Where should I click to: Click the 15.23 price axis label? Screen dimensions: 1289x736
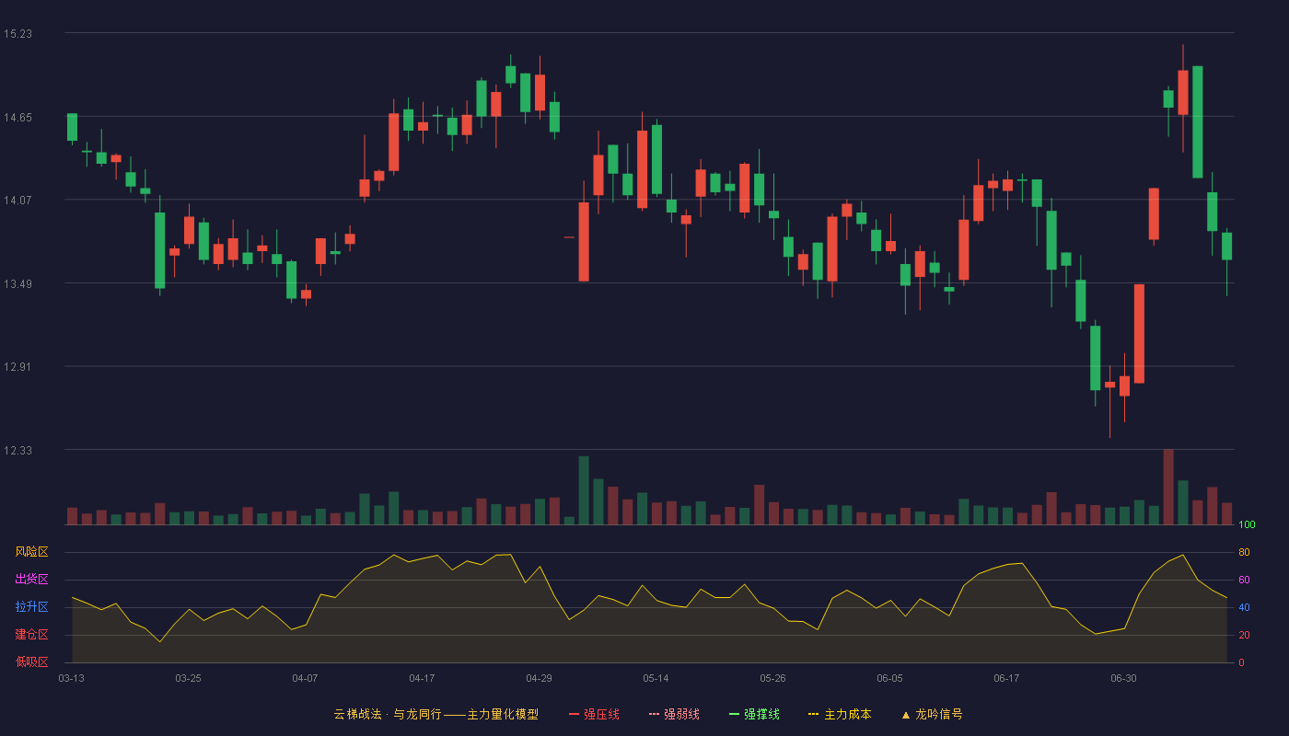pyautogui.click(x=17, y=34)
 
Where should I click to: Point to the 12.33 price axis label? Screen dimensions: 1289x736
pyautogui.click(x=17, y=450)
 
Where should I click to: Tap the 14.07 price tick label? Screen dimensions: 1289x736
pyautogui.click(x=17, y=201)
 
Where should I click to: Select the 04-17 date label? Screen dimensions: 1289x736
pyautogui.click(x=422, y=679)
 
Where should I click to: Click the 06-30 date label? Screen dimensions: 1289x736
pyautogui.click(x=1123, y=679)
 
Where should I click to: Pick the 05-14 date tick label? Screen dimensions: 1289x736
pyautogui.click(x=656, y=679)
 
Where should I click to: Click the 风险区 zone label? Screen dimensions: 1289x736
pyautogui.click(x=31, y=552)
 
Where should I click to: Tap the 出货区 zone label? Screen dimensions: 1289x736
pyautogui.click(x=31, y=579)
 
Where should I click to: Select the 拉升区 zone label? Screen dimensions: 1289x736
pyautogui.click(x=31, y=606)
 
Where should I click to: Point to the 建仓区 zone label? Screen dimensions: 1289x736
pyautogui.click(x=31, y=634)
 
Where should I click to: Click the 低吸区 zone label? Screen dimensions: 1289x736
pyautogui.click(x=31, y=661)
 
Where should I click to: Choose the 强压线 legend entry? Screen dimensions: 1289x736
pyautogui.click(x=594, y=714)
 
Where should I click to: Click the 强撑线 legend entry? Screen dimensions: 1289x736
pyautogui.click(x=754, y=714)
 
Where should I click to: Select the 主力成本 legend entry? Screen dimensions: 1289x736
pyautogui.click(x=840, y=714)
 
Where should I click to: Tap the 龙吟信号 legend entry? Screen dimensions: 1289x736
pyautogui.click(x=932, y=714)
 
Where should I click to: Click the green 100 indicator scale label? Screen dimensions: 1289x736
pyautogui.click(x=1247, y=524)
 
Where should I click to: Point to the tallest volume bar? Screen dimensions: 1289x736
pyautogui.click(x=1168, y=487)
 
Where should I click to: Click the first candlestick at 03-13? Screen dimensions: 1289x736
pyautogui.click(x=72, y=128)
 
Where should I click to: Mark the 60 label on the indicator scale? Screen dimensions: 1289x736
pyautogui.click(x=1244, y=580)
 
